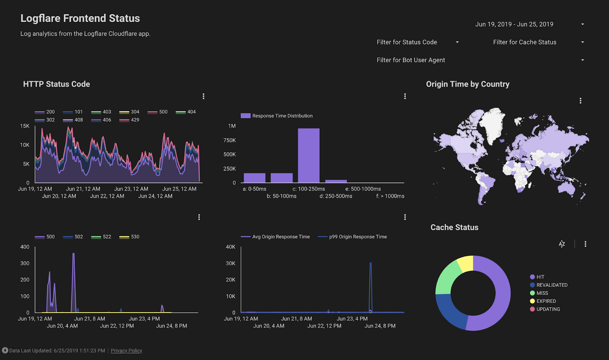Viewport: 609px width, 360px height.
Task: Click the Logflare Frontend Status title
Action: [x=80, y=18]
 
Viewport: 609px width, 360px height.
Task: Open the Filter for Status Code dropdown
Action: [x=418, y=42]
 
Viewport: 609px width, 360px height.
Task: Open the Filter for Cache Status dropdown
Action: [x=539, y=42]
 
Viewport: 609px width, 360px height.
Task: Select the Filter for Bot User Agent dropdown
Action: [x=480, y=60]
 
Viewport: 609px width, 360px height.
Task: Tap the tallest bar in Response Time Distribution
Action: [x=309, y=155]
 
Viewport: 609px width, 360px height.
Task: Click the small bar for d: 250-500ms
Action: [x=336, y=181]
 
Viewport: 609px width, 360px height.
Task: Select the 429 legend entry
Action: [x=129, y=120]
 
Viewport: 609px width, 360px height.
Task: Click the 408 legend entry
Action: [x=73, y=120]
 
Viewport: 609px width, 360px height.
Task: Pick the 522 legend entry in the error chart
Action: [x=101, y=237]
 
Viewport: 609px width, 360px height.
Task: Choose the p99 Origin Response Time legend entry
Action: [x=352, y=237]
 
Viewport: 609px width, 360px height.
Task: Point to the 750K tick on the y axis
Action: [x=230, y=140]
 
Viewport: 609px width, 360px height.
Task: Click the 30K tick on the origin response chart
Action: [x=231, y=263]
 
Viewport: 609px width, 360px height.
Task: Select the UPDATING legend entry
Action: [x=545, y=309]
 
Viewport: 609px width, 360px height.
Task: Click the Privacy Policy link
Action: [x=126, y=350]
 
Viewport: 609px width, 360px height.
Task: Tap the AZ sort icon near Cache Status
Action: [x=562, y=244]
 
